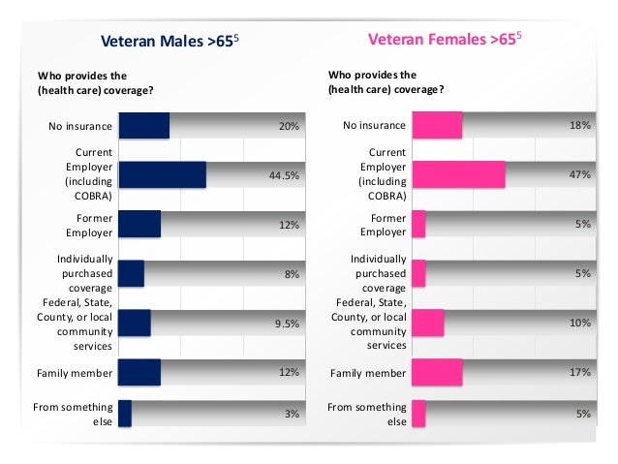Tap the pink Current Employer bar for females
pyautogui.click(x=458, y=175)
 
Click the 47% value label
pyautogui.click(x=579, y=175)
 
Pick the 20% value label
pyautogui.click(x=289, y=126)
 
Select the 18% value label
pyautogui.click(x=580, y=126)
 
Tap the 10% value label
pyautogui.click(x=580, y=323)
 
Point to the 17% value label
pyautogui.click(x=580, y=372)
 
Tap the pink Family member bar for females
pyautogui.click(x=437, y=372)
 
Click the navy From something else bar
pyautogui.click(x=124, y=415)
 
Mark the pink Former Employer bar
pyautogui.click(x=418, y=225)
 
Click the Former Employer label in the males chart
pyautogui.click(x=90, y=225)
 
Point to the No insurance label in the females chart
pyautogui.click(x=373, y=126)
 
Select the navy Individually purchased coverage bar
pyautogui.click(x=131, y=274)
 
